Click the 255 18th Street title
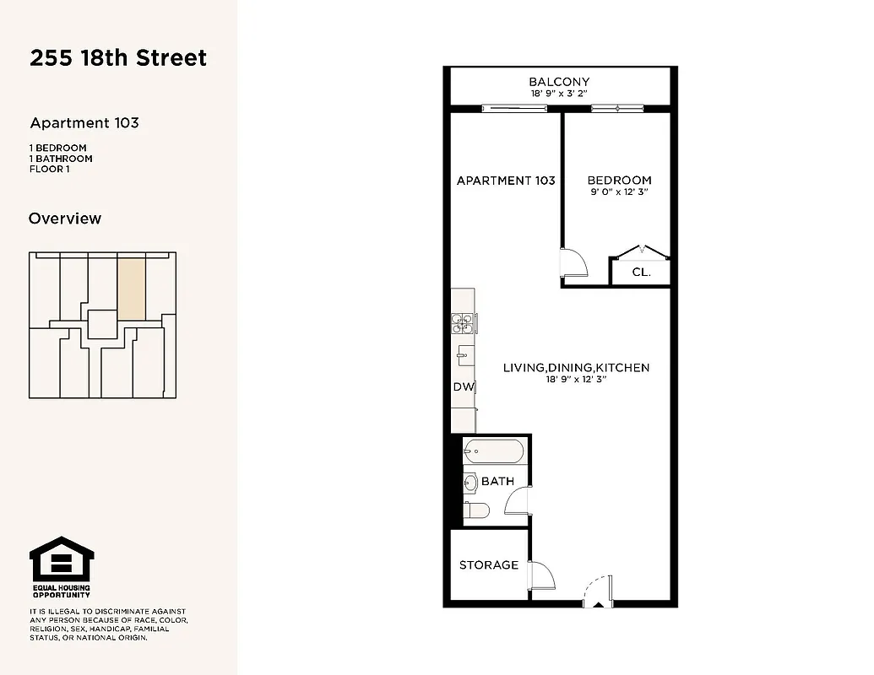pyautogui.click(x=118, y=58)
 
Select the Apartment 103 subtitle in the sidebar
pyautogui.click(x=84, y=123)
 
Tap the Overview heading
pyautogui.click(x=65, y=219)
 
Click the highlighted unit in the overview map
pyautogui.click(x=131, y=288)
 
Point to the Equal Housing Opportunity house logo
pyautogui.click(x=62, y=559)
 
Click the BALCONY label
pyautogui.click(x=559, y=82)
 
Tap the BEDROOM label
pyautogui.click(x=619, y=180)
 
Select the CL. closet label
pyautogui.click(x=641, y=273)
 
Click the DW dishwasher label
pyautogui.click(x=463, y=387)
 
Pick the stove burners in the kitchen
pyautogui.click(x=463, y=321)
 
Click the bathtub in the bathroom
pyautogui.click(x=495, y=451)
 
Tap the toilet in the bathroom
pyautogui.click(x=476, y=510)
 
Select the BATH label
pyautogui.click(x=497, y=482)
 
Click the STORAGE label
pyautogui.click(x=489, y=564)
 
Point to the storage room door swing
pyautogui.click(x=542, y=576)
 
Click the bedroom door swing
pyautogui.click(x=573, y=261)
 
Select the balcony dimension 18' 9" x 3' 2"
pyautogui.click(x=559, y=94)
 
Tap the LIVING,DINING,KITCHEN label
pyautogui.click(x=576, y=368)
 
